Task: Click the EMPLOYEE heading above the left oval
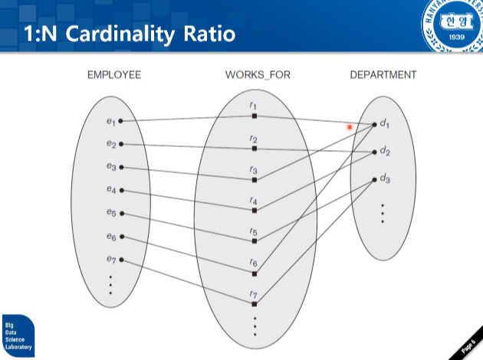pyautogui.click(x=114, y=75)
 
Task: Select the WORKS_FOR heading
pyautogui.click(x=258, y=75)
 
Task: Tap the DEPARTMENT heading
pyautogui.click(x=383, y=75)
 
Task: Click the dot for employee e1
pyautogui.click(x=120, y=121)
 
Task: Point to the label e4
pyautogui.click(x=111, y=189)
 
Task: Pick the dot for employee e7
pyautogui.click(x=120, y=260)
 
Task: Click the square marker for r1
pyautogui.click(x=255, y=116)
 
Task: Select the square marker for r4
pyautogui.click(x=255, y=211)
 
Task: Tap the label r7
pyautogui.click(x=254, y=294)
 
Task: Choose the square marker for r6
pyautogui.click(x=255, y=273)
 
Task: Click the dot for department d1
pyautogui.click(x=374, y=124)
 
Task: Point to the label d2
pyautogui.click(x=385, y=151)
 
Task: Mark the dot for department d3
pyautogui.click(x=374, y=180)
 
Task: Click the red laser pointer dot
pyautogui.click(x=350, y=127)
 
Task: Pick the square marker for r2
pyautogui.click(x=255, y=148)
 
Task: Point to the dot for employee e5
pyautogui.click(x=120, y=214)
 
